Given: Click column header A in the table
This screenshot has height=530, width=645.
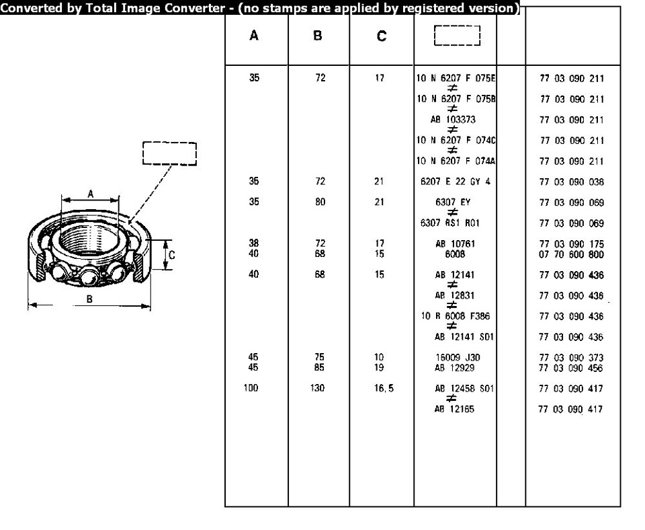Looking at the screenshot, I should point(254,36).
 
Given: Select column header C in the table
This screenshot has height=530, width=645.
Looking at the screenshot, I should point(381,37).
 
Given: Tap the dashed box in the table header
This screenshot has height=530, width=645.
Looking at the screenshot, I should point(457,36).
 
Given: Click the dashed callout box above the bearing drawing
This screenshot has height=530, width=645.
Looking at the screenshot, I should point(169,153).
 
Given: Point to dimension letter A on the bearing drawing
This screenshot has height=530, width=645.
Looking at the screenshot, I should point(91,194).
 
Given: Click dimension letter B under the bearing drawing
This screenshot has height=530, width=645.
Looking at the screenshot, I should point(89,299).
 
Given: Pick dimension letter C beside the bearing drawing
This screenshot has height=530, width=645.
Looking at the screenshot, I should point(172,255).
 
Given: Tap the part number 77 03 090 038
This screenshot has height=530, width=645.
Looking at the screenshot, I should point(572,182).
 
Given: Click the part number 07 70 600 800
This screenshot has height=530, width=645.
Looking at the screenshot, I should point(572,254).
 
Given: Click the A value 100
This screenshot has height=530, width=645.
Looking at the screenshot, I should point(251,388).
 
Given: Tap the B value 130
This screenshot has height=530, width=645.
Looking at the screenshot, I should point(318,388).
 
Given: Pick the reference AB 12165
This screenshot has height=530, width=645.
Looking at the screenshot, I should point(454,409).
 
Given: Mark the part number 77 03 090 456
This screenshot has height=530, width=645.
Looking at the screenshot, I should point(572,367).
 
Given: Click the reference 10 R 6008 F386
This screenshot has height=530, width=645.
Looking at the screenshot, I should point(455,316).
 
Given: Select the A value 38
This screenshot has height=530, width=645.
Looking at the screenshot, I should point(254,243).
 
